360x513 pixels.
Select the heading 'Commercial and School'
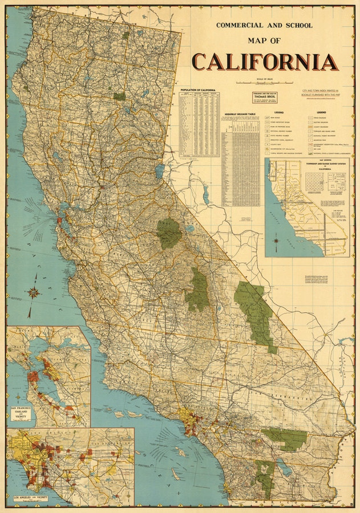264,25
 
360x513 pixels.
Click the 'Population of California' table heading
198,90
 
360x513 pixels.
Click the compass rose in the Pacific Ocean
34,293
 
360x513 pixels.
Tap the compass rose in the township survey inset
277,240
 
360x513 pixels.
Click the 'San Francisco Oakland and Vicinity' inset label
22,413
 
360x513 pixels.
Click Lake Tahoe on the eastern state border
159,170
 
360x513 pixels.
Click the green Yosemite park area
169,233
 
